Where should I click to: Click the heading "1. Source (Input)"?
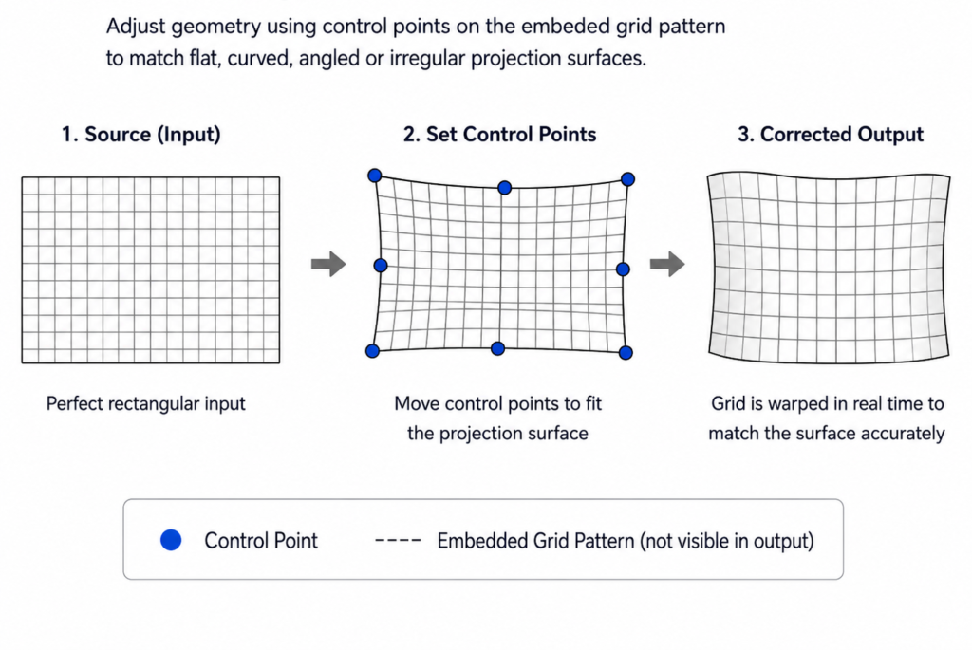tap(140, 135)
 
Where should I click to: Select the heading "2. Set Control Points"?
tap(499, 135)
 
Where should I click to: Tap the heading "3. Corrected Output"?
tap(830, 135)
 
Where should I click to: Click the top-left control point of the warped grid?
tap(374, 176)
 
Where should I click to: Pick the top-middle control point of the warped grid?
tap(505, 187)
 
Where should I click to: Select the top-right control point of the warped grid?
tap(627, 179)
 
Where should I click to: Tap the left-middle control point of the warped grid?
tap(381, 265)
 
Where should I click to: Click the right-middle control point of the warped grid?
tap(623, 269)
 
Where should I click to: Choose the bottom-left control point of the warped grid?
tap(372, 351)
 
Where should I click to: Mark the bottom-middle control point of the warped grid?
tap(497, 349)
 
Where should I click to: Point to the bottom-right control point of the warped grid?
tap(626, 353)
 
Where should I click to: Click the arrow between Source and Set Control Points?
tap(328, 264)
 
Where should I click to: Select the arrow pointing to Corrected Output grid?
tap(667, 264)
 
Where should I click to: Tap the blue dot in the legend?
tap(171, 540)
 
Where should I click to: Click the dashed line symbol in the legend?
tap(398, 540)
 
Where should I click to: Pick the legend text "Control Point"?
tap(261, 540)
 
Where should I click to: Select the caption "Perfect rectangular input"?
tap(145, 404)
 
